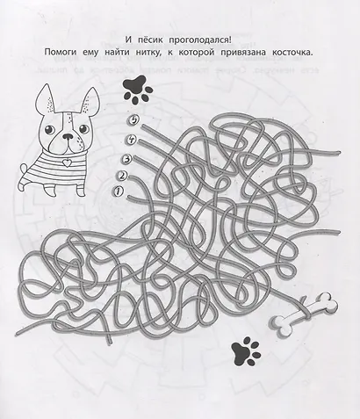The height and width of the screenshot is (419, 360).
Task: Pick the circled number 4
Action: click(130, 138)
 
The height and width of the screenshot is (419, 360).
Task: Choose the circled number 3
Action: click(126, 158)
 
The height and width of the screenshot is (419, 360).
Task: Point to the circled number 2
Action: click(121, 175)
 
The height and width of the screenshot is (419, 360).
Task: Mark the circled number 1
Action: click(116, 191)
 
